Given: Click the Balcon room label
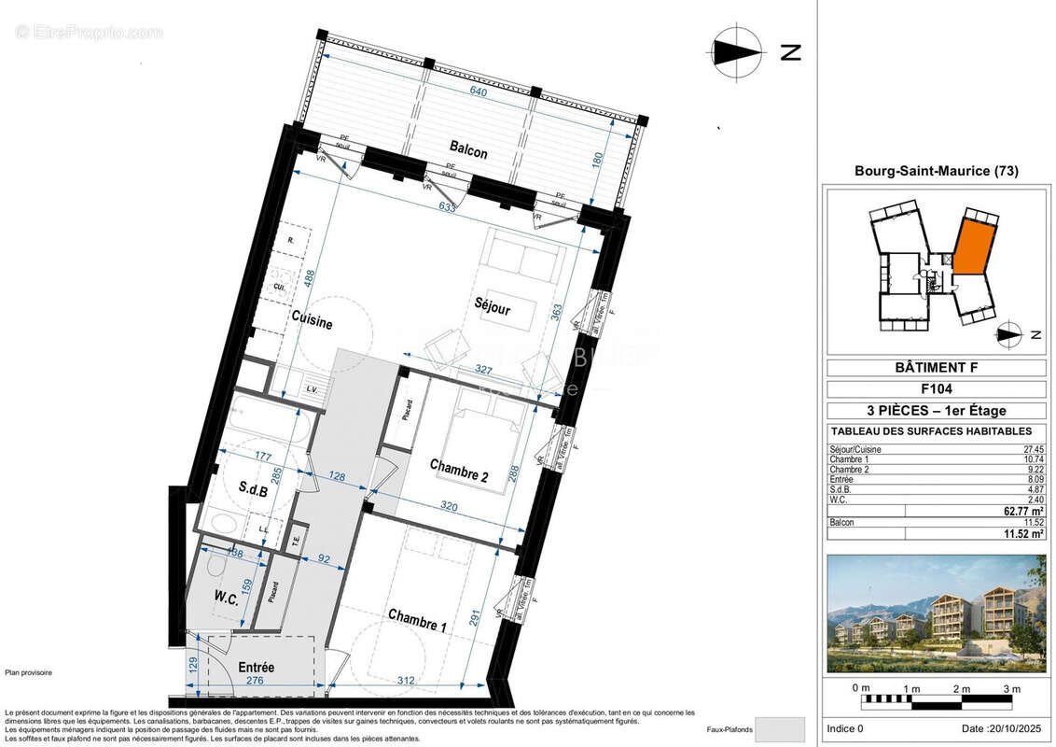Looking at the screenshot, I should (x=468, y=148).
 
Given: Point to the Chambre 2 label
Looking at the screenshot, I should (x=459, y=470).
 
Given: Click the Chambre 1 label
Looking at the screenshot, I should (x=417, y=620).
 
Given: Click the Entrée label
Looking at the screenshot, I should (x=256, y=668).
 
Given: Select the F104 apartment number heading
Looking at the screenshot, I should (x=936, y=389).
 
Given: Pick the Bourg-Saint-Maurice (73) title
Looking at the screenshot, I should (x=936, y=171).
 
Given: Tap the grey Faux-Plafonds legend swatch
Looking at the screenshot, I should (x=779, y=728).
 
